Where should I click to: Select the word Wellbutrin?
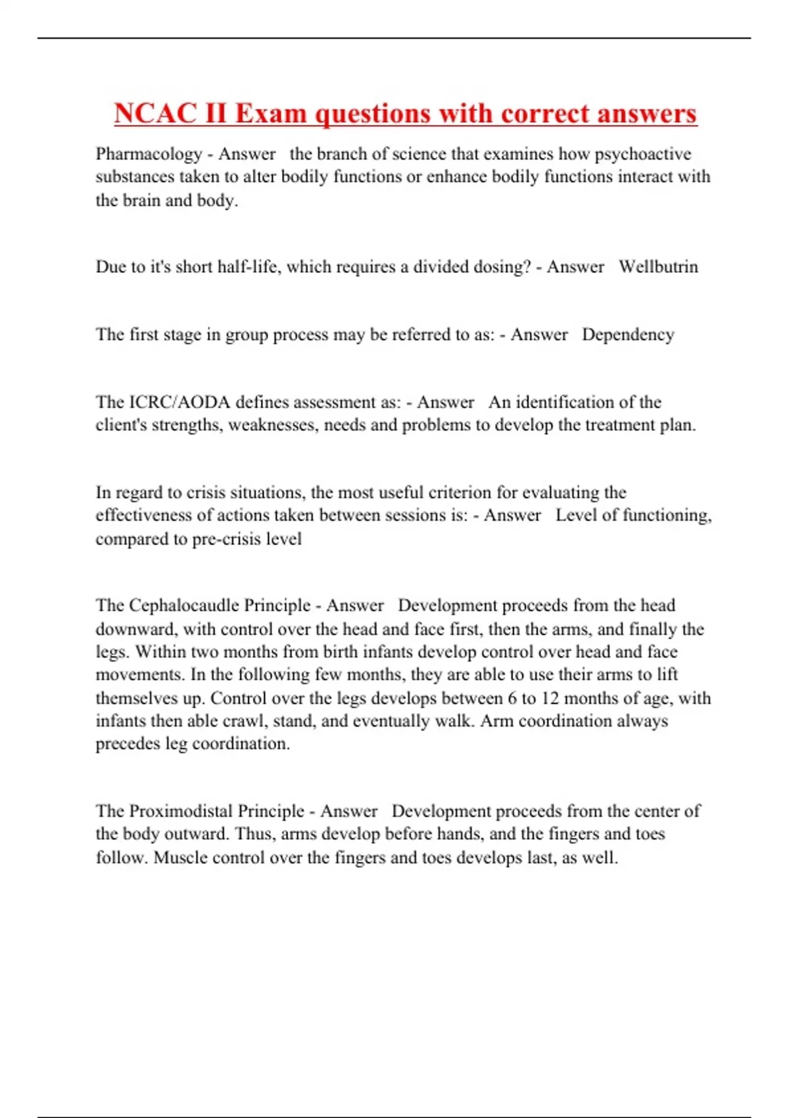[658, 267]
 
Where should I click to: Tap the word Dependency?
[628, 335]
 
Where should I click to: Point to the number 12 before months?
[550, 698]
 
